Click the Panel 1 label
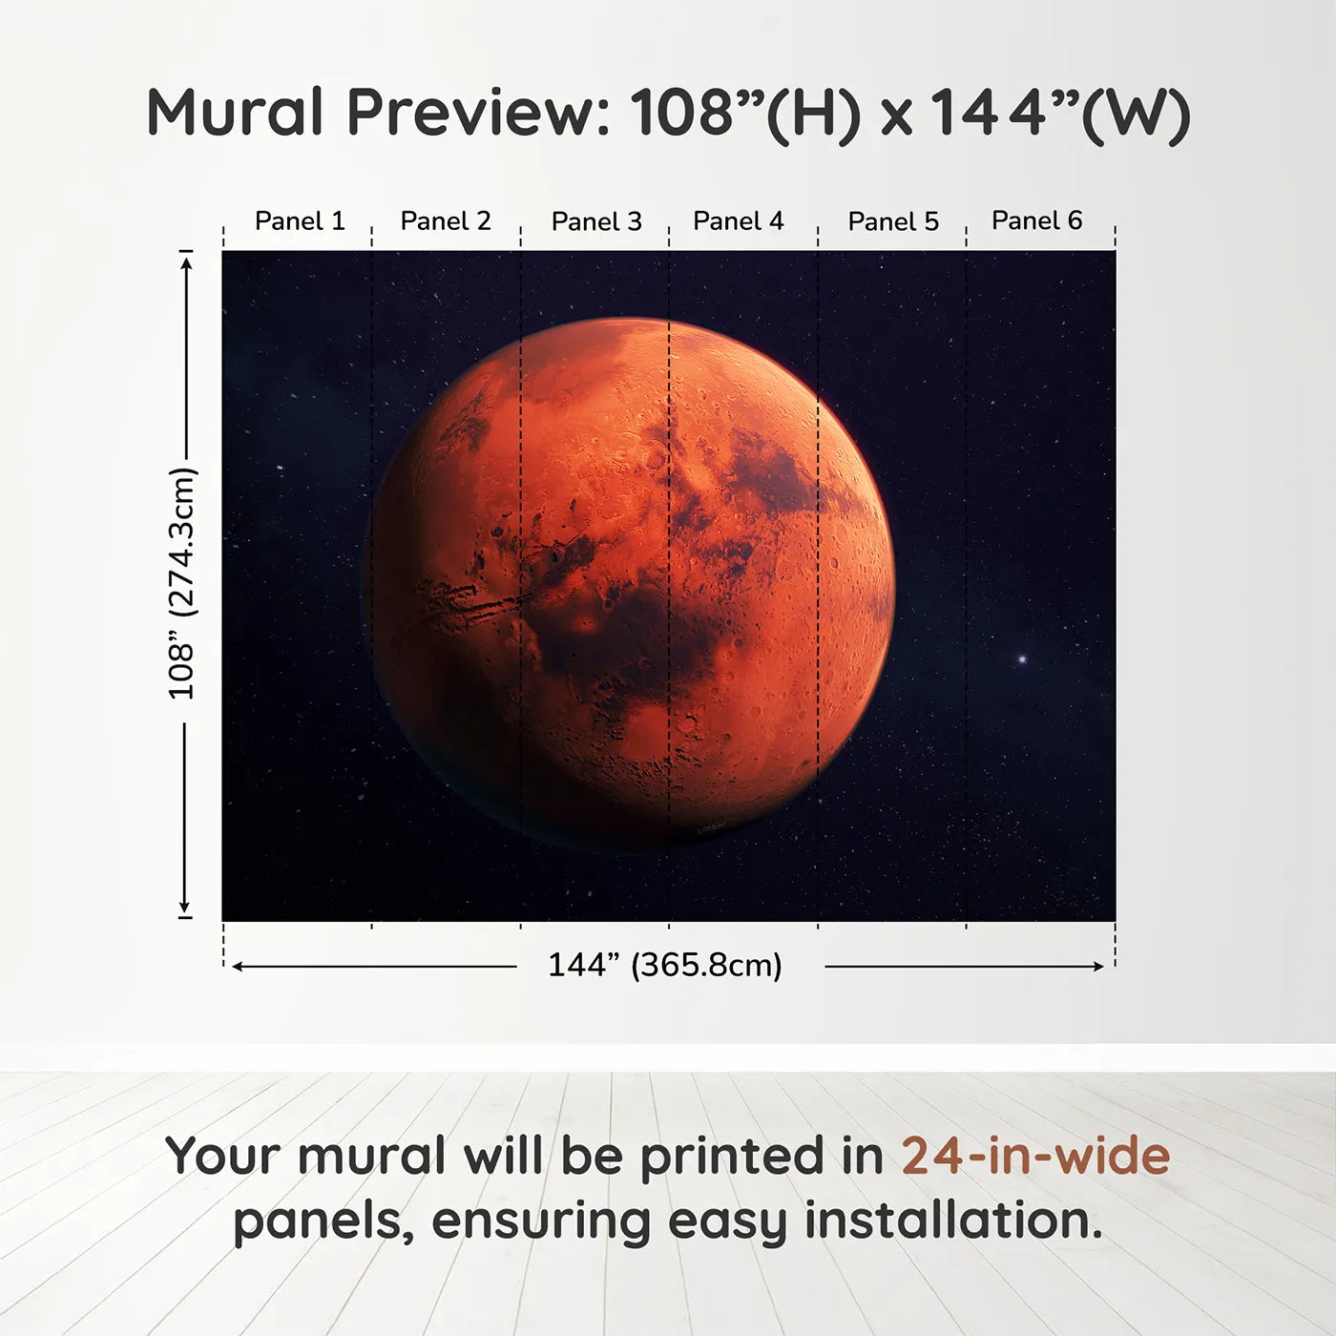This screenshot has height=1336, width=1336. tap(300, 221)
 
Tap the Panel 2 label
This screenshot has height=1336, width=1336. tap(446, 221)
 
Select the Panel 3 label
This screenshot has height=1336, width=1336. tap(596, 221)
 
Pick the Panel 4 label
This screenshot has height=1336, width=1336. tap(739, 221)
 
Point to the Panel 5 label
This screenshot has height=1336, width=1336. tap(893, 221)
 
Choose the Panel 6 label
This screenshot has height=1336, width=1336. tap(1037, 221)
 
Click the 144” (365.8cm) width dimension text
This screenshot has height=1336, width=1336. tap(665, 966)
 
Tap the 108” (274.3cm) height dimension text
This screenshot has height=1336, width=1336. tap(181, 584)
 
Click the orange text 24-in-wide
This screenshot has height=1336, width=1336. tap(1035, 1156)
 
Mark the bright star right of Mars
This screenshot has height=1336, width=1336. tap(1022, 659)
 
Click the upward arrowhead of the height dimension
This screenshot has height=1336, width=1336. tap(186, 260)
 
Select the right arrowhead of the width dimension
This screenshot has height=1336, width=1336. tap(1098, 967)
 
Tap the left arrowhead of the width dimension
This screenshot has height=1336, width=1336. tap(238, 967)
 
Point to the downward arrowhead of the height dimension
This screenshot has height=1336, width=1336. tap(185, 908)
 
